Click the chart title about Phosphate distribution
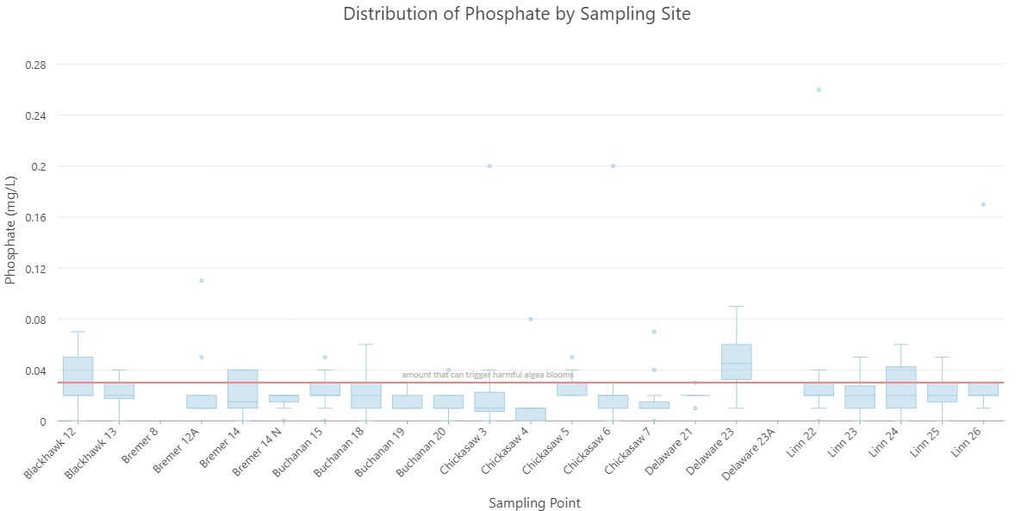tap(516, 14)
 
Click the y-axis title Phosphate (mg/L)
tap(11, 229)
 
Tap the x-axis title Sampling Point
tap(534, 502)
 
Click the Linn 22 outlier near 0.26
tap(819, 90)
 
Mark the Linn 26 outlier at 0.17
tap(983, 204)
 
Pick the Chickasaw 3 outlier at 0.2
tap(489, 166)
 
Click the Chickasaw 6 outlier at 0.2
tap(613, 166)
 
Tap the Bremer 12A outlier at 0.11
tap(202, 281)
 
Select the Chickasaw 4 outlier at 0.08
tap(531, 319)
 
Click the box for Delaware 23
tap(736, 362)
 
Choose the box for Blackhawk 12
tap(78, 376)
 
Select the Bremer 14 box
tap(243, 389)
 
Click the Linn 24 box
tap(900, 387)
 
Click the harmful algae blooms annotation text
tap(488, 375)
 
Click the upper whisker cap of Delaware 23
tap(736, 306)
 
